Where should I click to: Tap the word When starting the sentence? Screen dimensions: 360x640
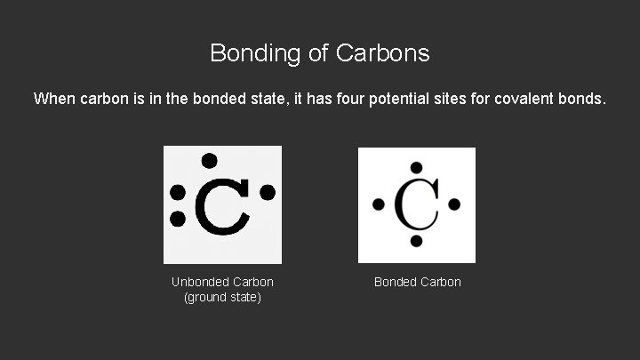coord(54,99)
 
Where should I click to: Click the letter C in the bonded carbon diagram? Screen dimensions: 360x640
coord(416,205)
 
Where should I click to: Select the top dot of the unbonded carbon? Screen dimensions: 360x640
coord(209,161)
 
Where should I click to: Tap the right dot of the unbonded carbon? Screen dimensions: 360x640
coord(268,192)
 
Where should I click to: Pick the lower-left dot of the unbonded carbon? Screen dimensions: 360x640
coord(178,218)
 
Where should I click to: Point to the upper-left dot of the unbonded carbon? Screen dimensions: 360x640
coord(178,193)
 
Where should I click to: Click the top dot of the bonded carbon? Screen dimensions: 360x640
coord(416,167)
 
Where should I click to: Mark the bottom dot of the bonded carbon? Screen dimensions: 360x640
coord(416,241)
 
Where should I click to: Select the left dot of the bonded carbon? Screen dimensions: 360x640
coord(379,204)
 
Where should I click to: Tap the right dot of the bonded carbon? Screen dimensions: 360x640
coord(454,204)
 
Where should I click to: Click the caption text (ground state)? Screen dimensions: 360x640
coord(222,297)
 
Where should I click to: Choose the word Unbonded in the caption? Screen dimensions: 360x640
coord(200,282)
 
